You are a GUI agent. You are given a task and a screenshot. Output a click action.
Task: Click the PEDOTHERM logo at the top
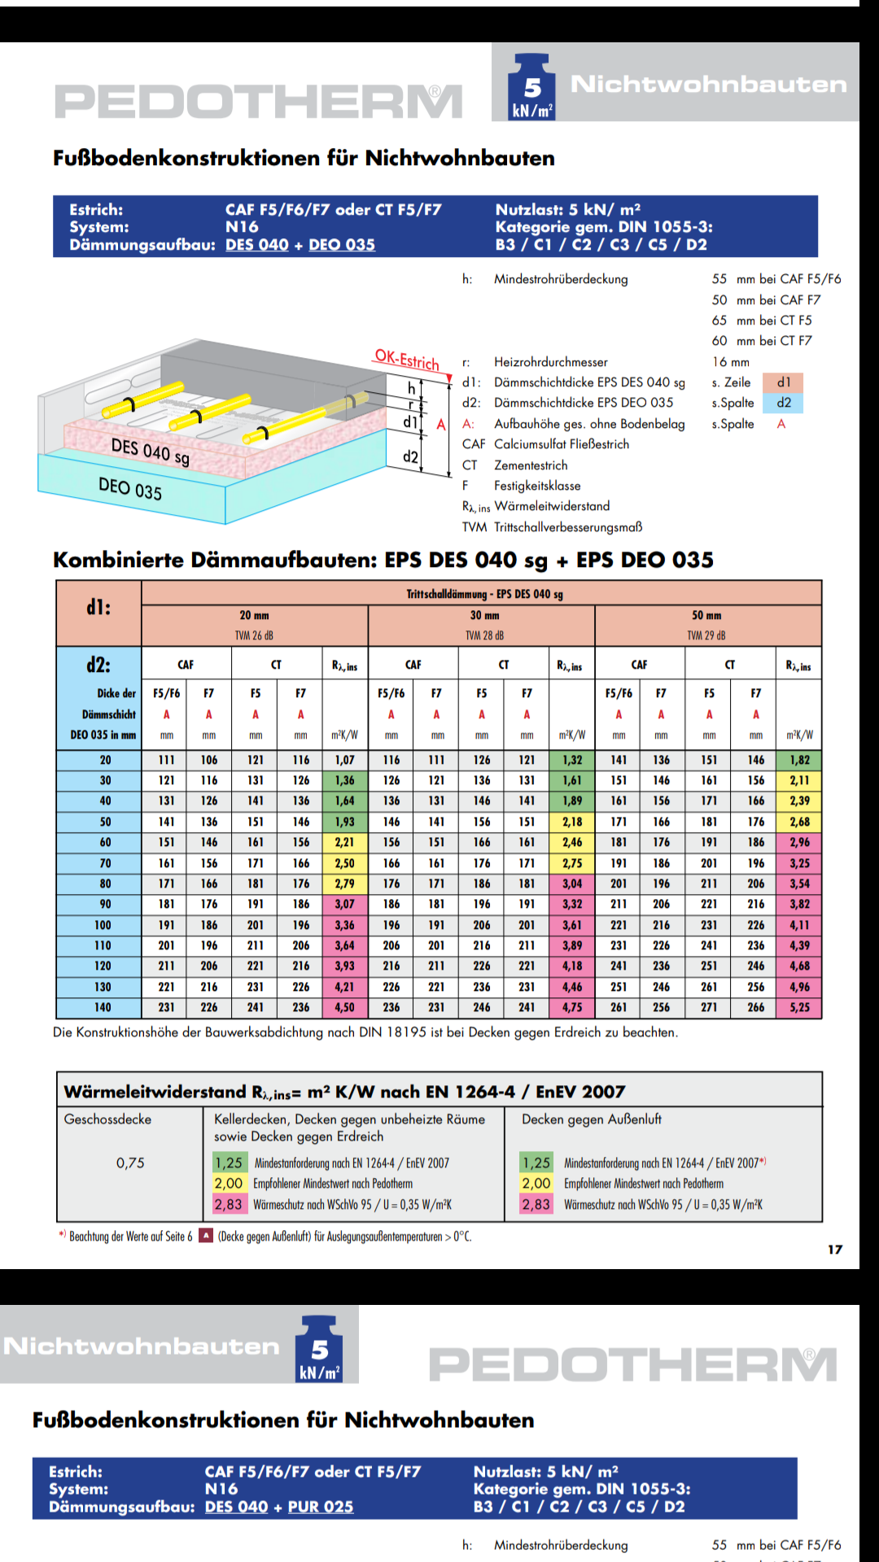(x=259, y=102)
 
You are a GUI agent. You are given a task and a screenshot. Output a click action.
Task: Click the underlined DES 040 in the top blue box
(x=257, y=245)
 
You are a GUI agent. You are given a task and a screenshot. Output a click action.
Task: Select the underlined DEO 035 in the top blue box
(x=342, y=245)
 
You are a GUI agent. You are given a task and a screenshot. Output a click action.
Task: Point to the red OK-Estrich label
(x=407, y=359)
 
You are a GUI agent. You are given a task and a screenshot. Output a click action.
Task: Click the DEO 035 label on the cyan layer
(x=130, y=488)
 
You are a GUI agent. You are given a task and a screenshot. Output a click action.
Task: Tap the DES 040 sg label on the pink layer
(x=151, y=452)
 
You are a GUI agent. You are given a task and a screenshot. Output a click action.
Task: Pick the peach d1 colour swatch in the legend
(x=783, y=382)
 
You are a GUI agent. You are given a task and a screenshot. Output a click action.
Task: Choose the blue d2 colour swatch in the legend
(x=783, y=403)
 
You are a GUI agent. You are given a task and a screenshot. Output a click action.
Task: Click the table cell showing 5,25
(x=799, y=1007)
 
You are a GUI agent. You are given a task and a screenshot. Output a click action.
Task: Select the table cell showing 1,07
(x=345, y=760)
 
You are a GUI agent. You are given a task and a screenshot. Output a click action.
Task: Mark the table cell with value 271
(x=709, y=1007)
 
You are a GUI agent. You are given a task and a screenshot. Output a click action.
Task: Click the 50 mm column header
(x=706, y=616)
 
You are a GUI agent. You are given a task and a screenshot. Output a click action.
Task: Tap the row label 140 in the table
(x=103, y=1007)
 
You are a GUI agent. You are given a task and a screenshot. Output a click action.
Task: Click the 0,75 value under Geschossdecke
(x=130, y=1163)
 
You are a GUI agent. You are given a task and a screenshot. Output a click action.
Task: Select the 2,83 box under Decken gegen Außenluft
(x=536, y=1205)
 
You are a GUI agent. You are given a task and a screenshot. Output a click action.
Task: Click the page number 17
(x=835, y=1250)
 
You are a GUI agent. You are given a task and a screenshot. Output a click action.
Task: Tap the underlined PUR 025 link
(x=321, y=1507)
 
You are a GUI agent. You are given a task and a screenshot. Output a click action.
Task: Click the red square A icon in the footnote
(x=207, y=1236)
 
